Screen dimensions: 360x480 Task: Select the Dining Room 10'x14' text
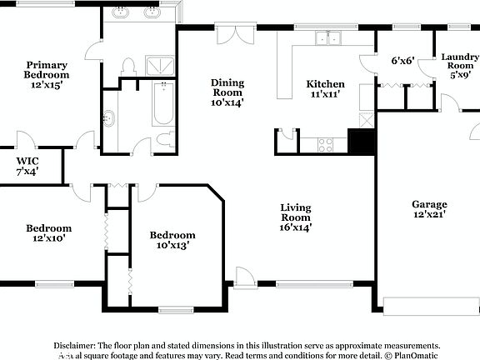[227, 92]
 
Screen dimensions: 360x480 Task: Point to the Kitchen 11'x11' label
[325, 89]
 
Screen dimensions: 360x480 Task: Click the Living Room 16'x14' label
[295, 217]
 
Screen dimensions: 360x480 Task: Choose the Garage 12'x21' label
[429, 209]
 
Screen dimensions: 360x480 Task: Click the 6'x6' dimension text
[403, 61]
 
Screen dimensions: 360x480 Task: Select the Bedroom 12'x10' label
[48, 232]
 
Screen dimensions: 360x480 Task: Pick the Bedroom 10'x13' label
[172, 240]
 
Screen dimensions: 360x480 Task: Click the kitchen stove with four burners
[325, 145]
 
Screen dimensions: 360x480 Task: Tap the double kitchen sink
[327, 38]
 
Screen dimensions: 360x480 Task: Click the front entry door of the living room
[245, 277]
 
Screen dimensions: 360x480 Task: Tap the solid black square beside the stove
[361, 142]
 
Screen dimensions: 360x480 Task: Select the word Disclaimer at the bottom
[75, 345]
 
